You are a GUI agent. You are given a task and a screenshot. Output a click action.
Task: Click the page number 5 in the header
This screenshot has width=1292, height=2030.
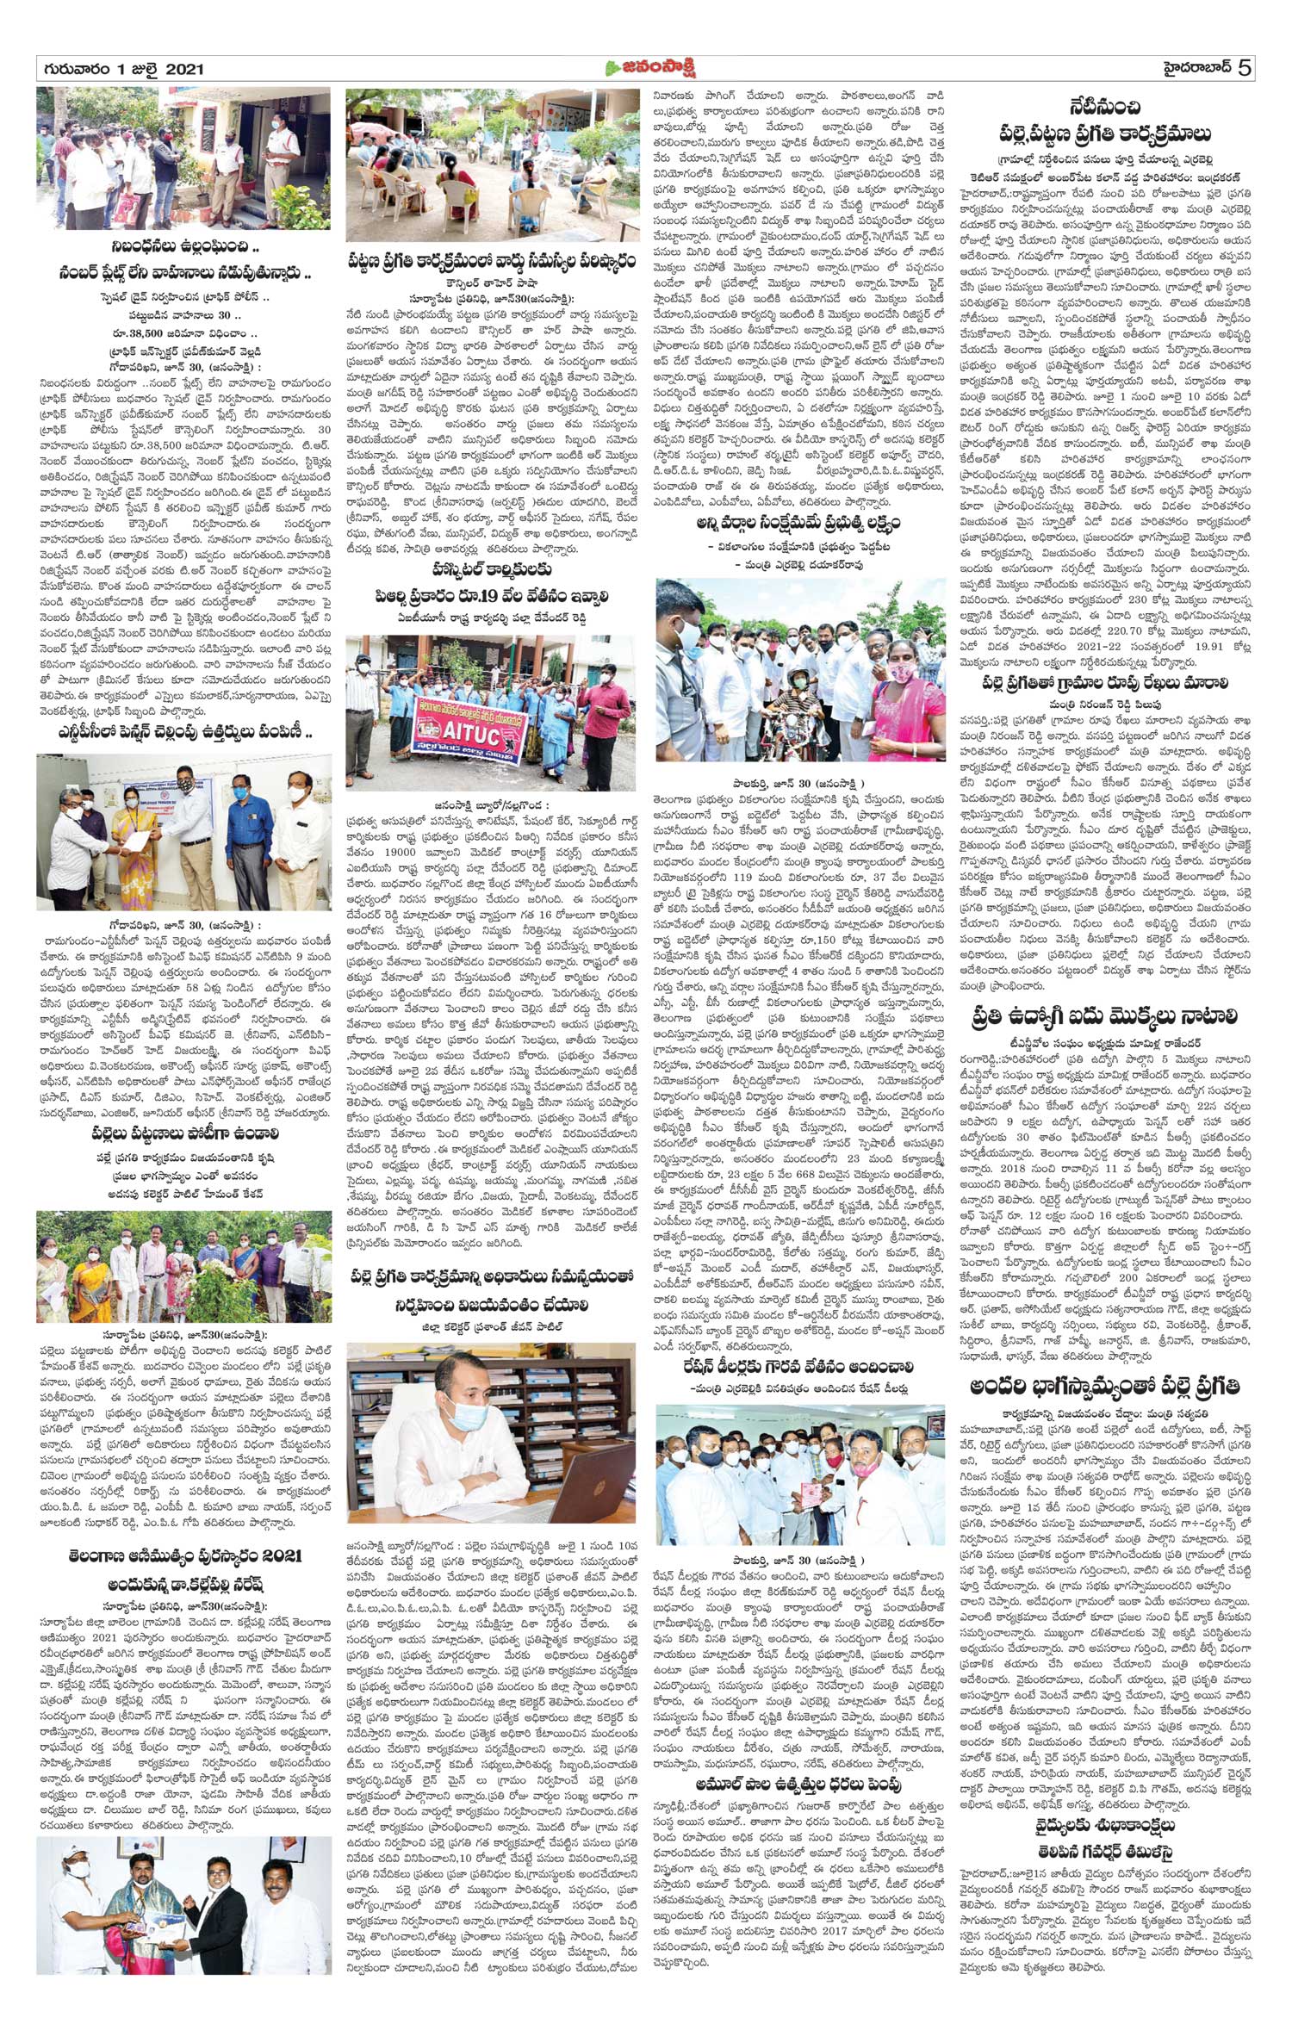pyautogui.click(x=1245, y=68)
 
